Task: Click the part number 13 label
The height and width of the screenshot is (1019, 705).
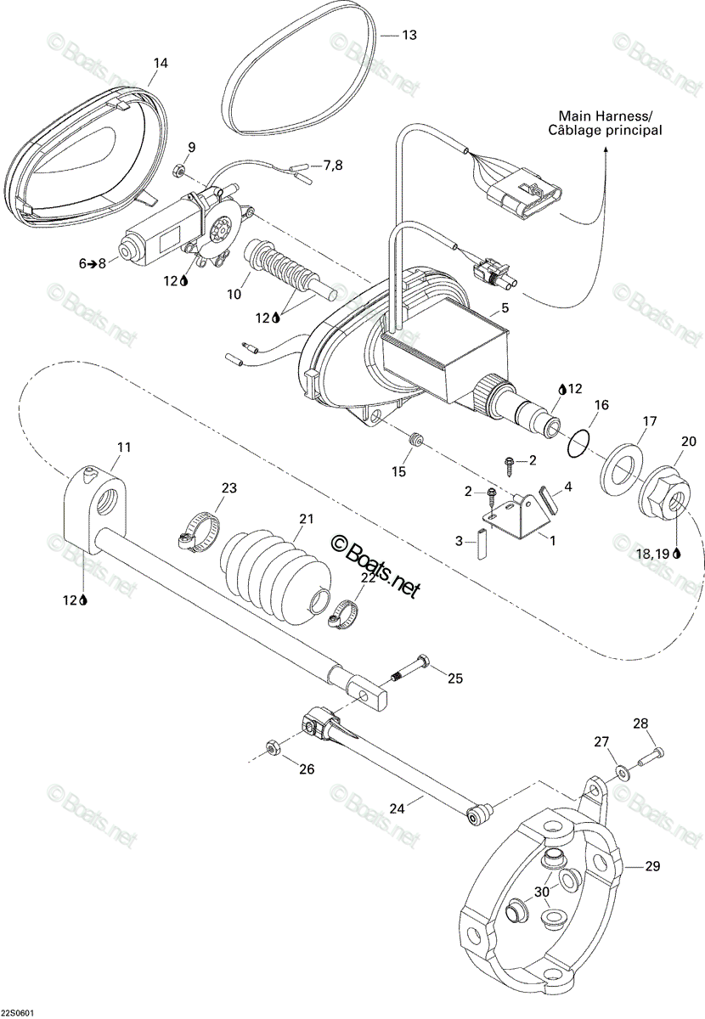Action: (x=409, y=35)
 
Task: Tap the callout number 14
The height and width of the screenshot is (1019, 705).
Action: (x=161, y=63)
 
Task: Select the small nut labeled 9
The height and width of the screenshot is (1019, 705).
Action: (x=178, y=171)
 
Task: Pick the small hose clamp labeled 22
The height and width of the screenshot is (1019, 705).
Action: (x=344, y=614)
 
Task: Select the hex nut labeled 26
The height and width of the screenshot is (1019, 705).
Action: (x=272, y=747)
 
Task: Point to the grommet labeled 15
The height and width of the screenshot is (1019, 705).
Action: (x=416, y=439)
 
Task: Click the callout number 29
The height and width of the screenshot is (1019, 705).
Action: (x=652, y=866)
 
